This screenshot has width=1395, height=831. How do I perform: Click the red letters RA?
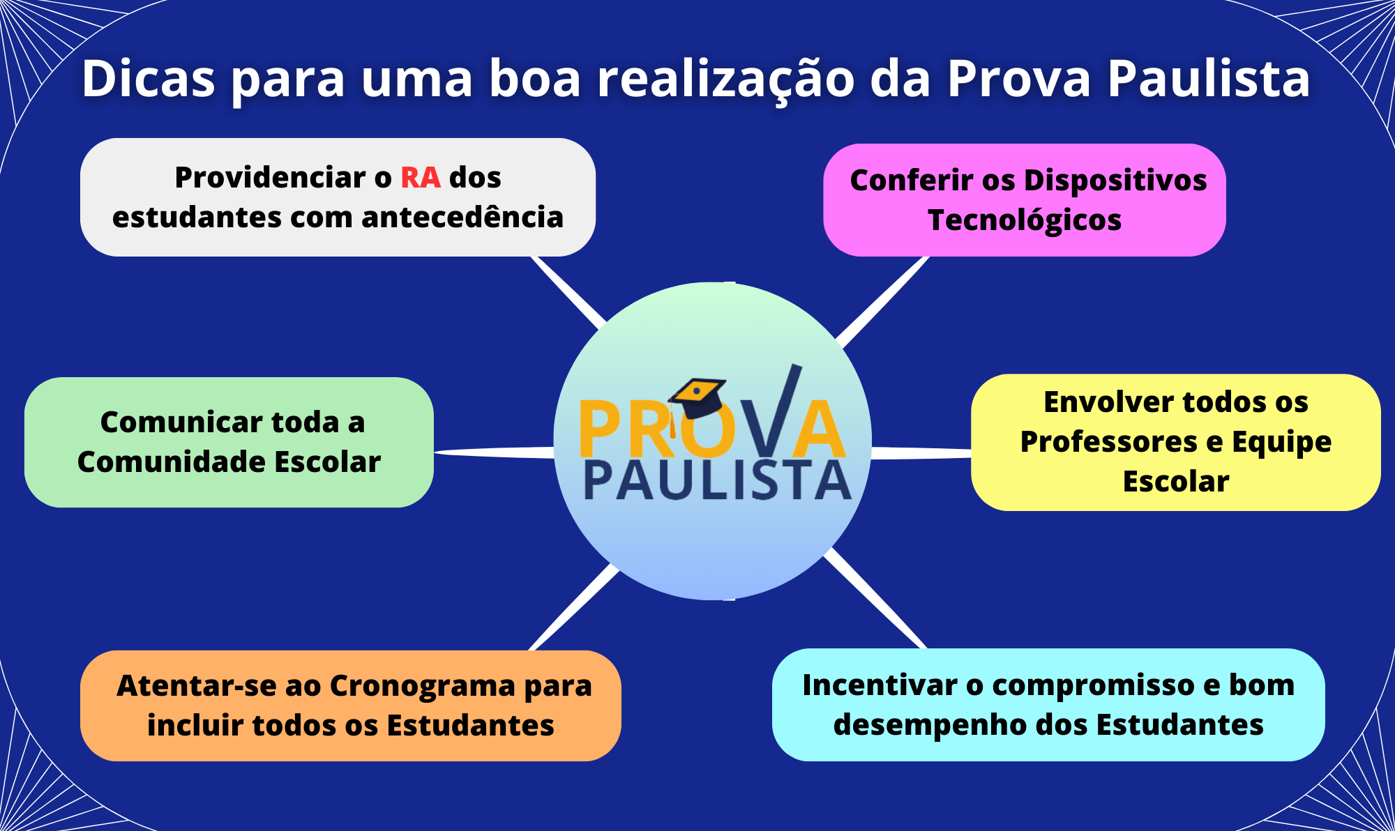[421, 178]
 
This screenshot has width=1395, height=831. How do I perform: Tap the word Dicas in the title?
[149, 78]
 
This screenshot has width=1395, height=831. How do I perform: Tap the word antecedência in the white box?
[462, 218]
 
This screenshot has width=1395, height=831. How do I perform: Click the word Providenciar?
[270, 178]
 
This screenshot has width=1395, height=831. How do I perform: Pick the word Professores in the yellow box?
[1109, 442]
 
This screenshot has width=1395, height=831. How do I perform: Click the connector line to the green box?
[494, 452]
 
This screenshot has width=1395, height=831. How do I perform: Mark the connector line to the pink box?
[882, 302]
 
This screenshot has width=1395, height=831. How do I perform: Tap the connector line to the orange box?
[574, 607]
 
